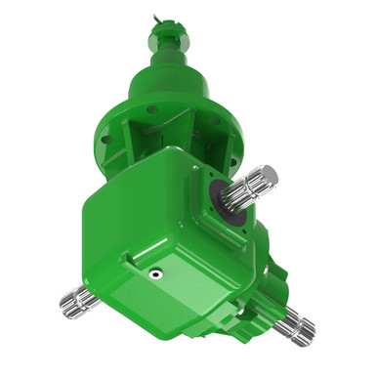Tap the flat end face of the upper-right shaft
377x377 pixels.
(271, 175)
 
